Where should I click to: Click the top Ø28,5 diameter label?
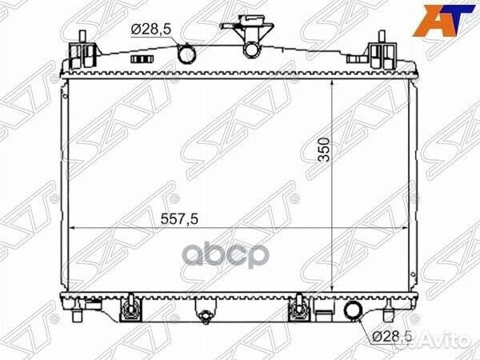[150, 30]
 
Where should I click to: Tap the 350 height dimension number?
[324, 150]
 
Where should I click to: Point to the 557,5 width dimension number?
[180, 219]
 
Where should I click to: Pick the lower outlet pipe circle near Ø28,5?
[354, 313]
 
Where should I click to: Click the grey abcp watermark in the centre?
[226, 256]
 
